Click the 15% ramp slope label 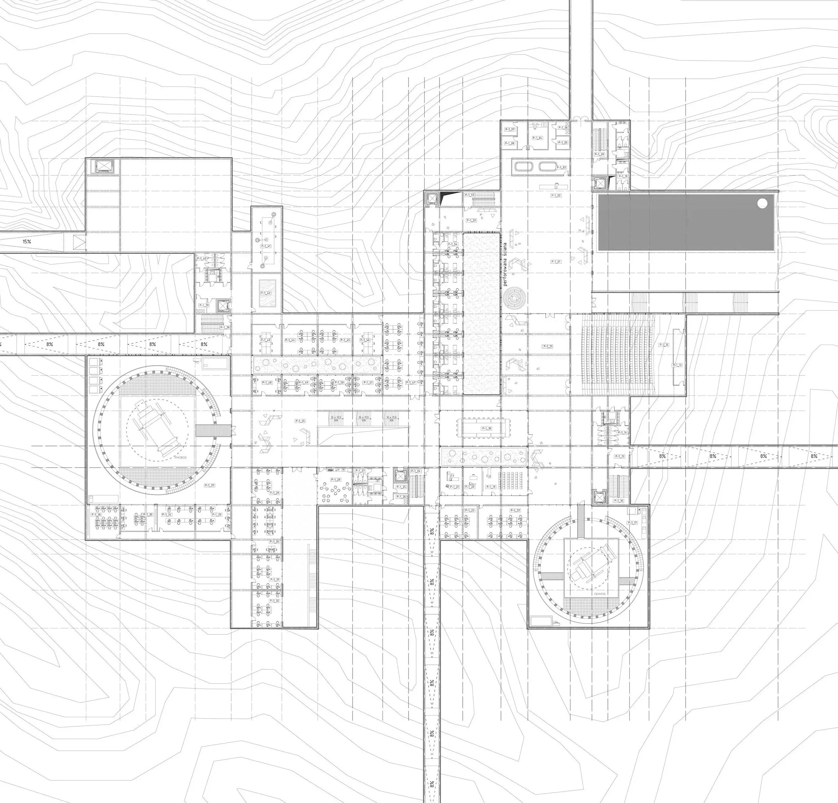click(x=27, y=241)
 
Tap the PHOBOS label click(x=180, y=457)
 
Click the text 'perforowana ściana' click(x=505, y=264)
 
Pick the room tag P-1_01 click(x=556, y=261)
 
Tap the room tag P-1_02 click(x=556, y=195)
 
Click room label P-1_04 click(x=537, y=138)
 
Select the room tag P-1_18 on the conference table click(x=487, y=428)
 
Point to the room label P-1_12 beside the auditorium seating click(x=664, y=344)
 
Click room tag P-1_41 click(x=266, y=246)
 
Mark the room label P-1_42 click(x=266, y=293)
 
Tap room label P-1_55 click(x=300, y=421)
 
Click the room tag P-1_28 click(x=336, y=480)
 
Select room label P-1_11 click(x=548, y=346)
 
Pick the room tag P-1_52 click(x=471, y=220)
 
